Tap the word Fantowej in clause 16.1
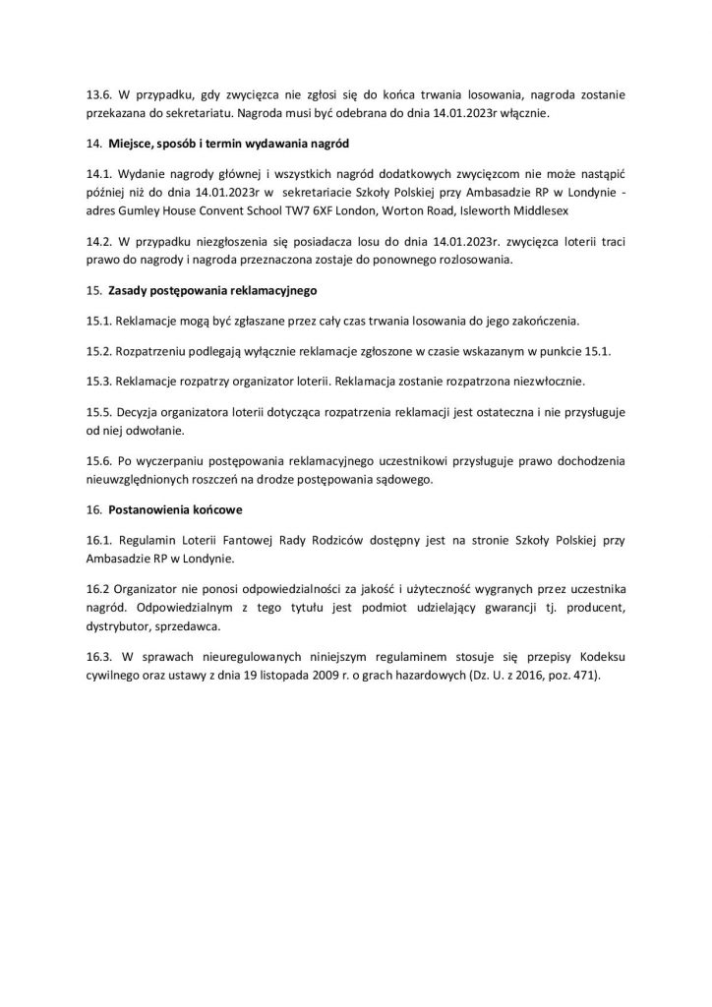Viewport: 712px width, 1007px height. [237, 540]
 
